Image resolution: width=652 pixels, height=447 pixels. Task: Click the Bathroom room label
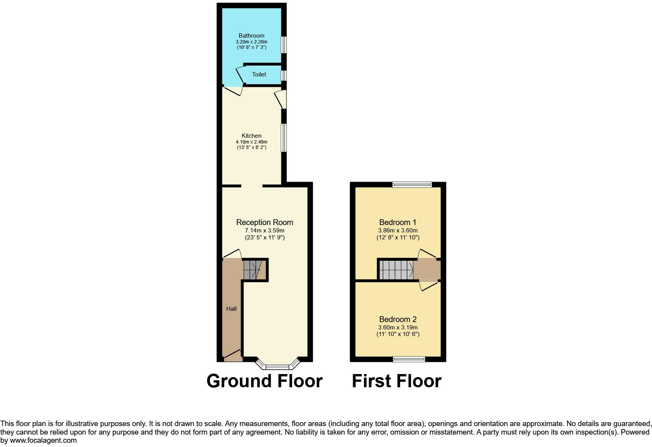tap(251, 36)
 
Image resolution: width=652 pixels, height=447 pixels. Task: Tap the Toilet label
tap(259, 74)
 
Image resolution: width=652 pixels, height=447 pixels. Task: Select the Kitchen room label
tap(251, 136)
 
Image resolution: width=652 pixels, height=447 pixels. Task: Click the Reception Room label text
tap(265, 222)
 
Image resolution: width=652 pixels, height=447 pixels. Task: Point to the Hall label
tap(231, 309)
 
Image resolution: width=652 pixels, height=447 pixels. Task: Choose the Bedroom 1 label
tap(398, 222)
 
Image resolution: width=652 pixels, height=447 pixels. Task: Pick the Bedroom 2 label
tap(398, 319)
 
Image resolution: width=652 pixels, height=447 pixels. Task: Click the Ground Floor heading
tap(264, 381)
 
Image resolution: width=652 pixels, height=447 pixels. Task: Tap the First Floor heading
tap(396, 381)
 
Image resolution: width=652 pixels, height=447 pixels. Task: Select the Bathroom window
tap(284, 44)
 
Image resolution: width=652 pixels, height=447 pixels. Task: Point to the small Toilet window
tap(284, 75)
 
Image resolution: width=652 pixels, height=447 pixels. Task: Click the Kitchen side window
tap(284, 138)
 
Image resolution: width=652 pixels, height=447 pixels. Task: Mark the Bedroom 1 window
tap(412, 185)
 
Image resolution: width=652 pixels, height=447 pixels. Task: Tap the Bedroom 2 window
tap(409, 359)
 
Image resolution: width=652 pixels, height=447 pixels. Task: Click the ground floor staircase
tap(253, 269)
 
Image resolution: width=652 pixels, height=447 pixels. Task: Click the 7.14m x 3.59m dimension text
tap(265, 230)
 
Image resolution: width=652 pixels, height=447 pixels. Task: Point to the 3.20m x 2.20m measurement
tap(251, 42)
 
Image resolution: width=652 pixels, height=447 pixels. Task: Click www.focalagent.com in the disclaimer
tap(43, 440)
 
